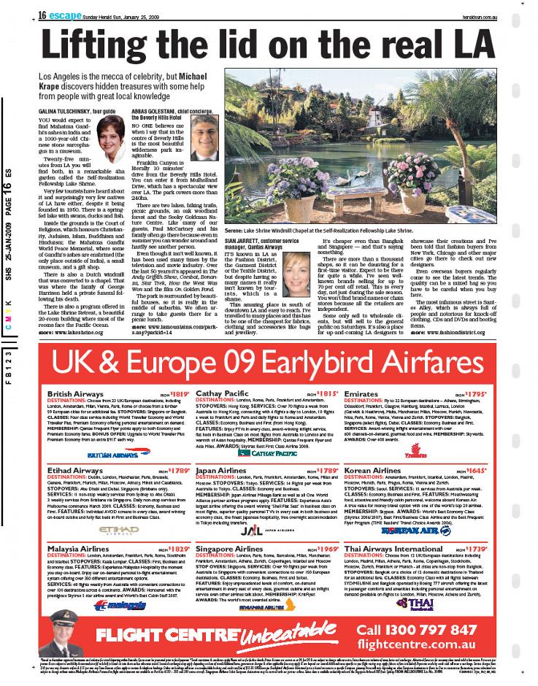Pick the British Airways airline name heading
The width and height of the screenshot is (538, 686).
point(74,393)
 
